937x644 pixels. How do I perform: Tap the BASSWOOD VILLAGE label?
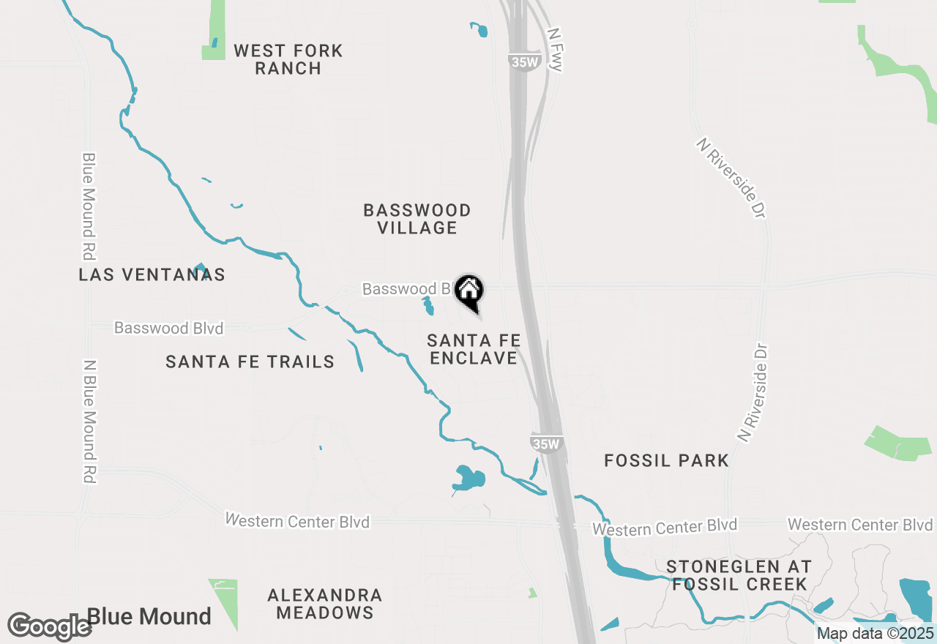417,219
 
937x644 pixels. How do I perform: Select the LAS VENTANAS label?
152,274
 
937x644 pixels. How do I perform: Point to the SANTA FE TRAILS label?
250,362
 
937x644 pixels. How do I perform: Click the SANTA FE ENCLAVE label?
474,349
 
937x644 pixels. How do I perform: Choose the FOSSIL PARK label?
666,460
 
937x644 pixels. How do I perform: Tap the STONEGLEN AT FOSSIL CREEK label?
739,575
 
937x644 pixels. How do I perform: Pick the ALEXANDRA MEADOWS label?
324,604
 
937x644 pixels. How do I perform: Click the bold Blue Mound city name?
149,617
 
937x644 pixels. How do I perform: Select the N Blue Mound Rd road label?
89,421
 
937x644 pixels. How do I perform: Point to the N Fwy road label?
556,50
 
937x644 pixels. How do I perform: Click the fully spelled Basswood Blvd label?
168,328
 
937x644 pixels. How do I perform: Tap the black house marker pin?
469,291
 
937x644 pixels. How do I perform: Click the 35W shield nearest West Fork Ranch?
524,62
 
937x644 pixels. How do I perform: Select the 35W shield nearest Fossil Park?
546,443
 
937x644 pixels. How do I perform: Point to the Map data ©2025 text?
876,633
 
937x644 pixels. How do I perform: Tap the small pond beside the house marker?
428,306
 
